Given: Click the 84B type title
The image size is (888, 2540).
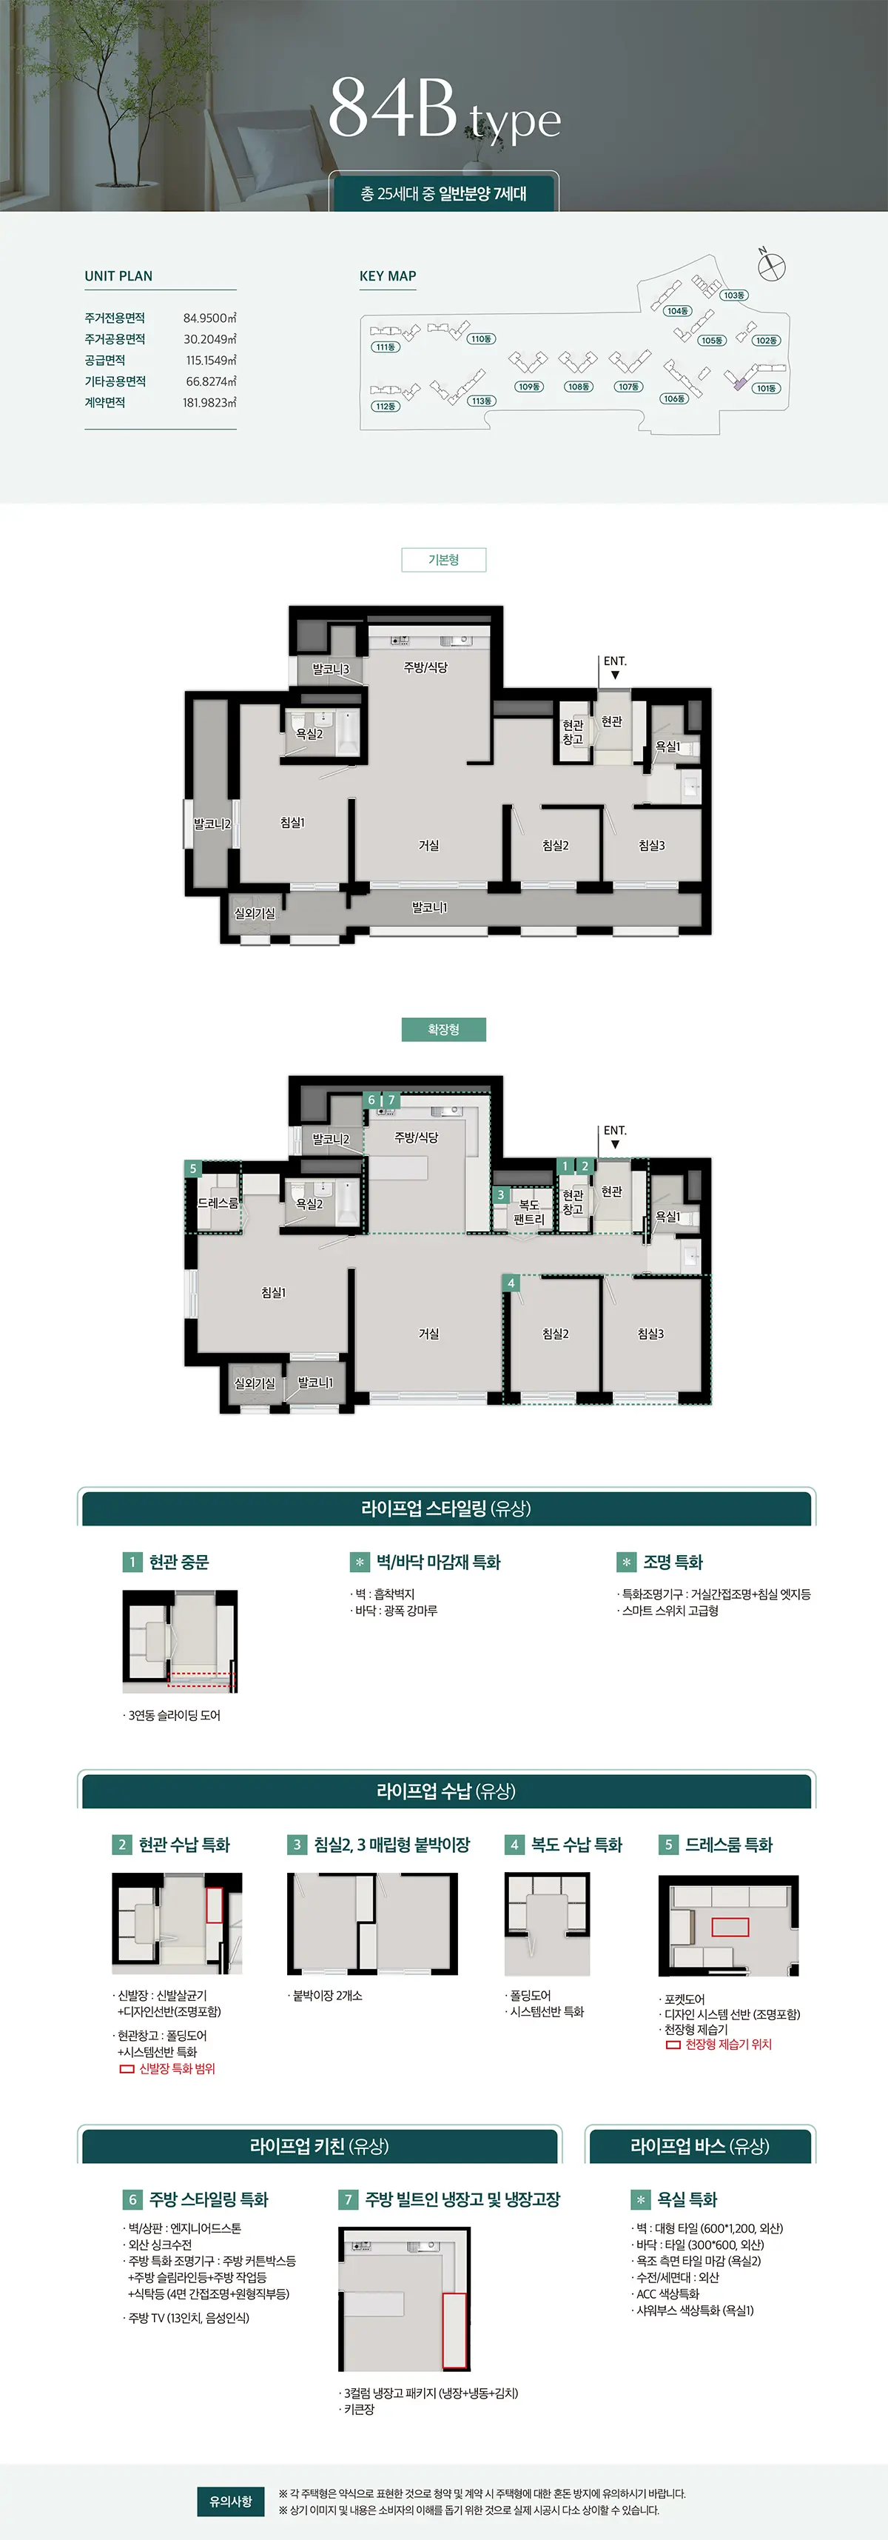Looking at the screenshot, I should point(443,110).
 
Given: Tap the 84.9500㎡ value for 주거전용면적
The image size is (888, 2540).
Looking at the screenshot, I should point(209,318).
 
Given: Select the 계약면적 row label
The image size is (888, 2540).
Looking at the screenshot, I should point(104,402).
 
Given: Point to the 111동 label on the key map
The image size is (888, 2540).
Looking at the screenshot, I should point(384,347).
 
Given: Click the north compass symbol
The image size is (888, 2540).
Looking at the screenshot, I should point(773,265).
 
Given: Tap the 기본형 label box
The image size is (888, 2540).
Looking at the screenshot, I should point(443,560).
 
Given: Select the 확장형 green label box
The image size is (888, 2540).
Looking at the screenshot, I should point(443,1029).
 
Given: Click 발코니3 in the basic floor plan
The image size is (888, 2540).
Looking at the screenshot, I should point(330,669).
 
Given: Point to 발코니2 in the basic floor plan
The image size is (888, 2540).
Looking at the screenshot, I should point(212,824).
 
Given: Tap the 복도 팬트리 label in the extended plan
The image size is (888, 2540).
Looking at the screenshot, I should point(529,1211).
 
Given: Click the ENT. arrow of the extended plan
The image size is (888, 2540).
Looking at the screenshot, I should point(615,1144).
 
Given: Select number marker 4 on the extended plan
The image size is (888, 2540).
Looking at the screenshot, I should point(511,1283).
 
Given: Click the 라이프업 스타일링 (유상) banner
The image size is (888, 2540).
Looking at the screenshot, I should point(445,1508).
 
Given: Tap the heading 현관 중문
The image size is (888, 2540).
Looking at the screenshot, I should point(178,1562).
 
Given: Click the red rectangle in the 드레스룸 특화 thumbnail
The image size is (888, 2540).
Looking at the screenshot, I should point(730,1927).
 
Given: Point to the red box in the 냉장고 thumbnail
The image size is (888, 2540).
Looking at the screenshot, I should point(454,2330).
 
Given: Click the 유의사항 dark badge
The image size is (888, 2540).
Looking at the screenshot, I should point(231,2501).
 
